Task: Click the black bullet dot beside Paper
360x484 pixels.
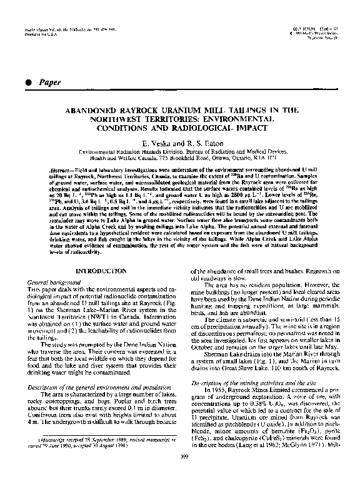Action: (24, 82)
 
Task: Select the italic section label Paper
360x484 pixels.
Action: (48, 82)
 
